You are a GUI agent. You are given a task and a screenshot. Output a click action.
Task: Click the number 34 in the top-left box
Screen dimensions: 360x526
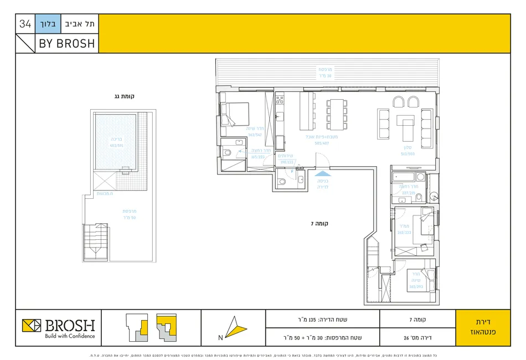click(25, 24)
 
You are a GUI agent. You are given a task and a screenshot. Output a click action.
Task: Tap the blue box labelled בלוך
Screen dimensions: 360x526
click(47, 24)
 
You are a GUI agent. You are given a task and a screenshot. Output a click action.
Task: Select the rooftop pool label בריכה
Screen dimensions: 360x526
click(115, 140)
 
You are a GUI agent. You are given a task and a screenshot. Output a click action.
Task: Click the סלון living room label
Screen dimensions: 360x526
click(409, 151)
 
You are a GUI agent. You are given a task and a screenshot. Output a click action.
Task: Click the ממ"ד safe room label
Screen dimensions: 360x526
click(403, 229)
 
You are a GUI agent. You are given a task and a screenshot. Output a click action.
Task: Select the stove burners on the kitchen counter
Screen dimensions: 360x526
click(280, 100)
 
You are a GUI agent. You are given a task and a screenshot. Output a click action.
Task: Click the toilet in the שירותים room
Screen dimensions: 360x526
click(282, 181)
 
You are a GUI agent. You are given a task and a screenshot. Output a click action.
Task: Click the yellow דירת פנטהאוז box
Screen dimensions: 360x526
click(482, 328)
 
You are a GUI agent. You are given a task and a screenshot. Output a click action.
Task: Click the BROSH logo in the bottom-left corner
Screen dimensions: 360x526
click(58, 327)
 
